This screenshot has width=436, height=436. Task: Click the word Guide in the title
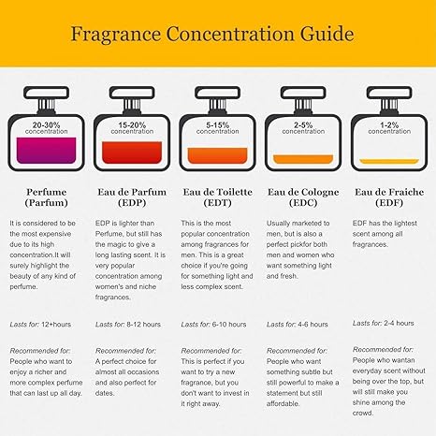pyautogui.click(x=327, y=34)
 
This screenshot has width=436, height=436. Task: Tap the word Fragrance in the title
pyautogui.click(x=116, y=35)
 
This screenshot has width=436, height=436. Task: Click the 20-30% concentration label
pyautogui.click(x=46, y=128)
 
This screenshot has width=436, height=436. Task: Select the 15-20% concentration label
pyautogui.click(x=132, y=128)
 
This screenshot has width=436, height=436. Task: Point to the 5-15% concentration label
pyautogui.click(x=218, y=128)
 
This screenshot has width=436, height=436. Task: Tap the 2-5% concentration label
pyautogui.click(x=303, y=128)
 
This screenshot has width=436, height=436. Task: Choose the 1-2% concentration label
pyautogui.click(x=389, y=128)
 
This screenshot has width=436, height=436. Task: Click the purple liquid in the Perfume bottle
pyautogui.click(x=46, y=151)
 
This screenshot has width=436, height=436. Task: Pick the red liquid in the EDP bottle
pyautogui.click(x=132, y=153)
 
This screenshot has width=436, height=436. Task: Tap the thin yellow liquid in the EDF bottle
pyautogui.click(x=389, y=161)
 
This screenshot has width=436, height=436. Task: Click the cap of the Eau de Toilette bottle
pyautogui.click(x=218, y=93)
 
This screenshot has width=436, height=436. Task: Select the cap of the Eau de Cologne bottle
pyautogui.click(x=303, y=93)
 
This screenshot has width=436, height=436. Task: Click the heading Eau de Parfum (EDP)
pyautogui.click(x=132, y=197)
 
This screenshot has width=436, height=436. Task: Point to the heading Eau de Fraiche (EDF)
pyautogui.click(x=389, y=197)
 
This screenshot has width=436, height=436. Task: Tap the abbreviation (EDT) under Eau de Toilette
pyautogui.click(x=218, y=203)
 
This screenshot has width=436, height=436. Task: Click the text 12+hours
pyautogui.click(x=56, y=325)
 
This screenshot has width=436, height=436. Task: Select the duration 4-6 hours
pyautogui.click(x=312, y=325)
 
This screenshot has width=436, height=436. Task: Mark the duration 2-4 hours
pyautogui.click(x=399, y=323)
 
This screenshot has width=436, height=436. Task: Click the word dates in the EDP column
pyautogui.click(x=105, y=393)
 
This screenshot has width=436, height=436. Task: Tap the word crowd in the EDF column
pyautogui.click(x=363, y=413)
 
